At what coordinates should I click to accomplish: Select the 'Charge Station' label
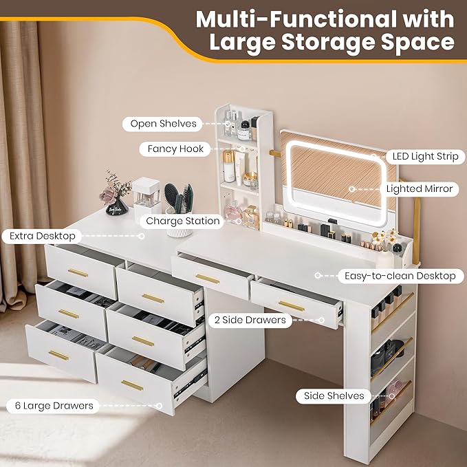(182, 221)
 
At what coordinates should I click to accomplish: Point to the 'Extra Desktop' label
(42, 236)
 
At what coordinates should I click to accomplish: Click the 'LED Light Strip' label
(426, 156)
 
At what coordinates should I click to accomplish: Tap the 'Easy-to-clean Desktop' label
(395, 276)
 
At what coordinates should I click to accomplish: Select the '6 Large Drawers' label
(54, 405)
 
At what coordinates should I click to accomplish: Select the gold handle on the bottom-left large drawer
(58, 355)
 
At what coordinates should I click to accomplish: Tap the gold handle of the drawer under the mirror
(207, 279)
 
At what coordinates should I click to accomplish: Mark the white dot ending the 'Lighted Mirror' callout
(353, 188)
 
